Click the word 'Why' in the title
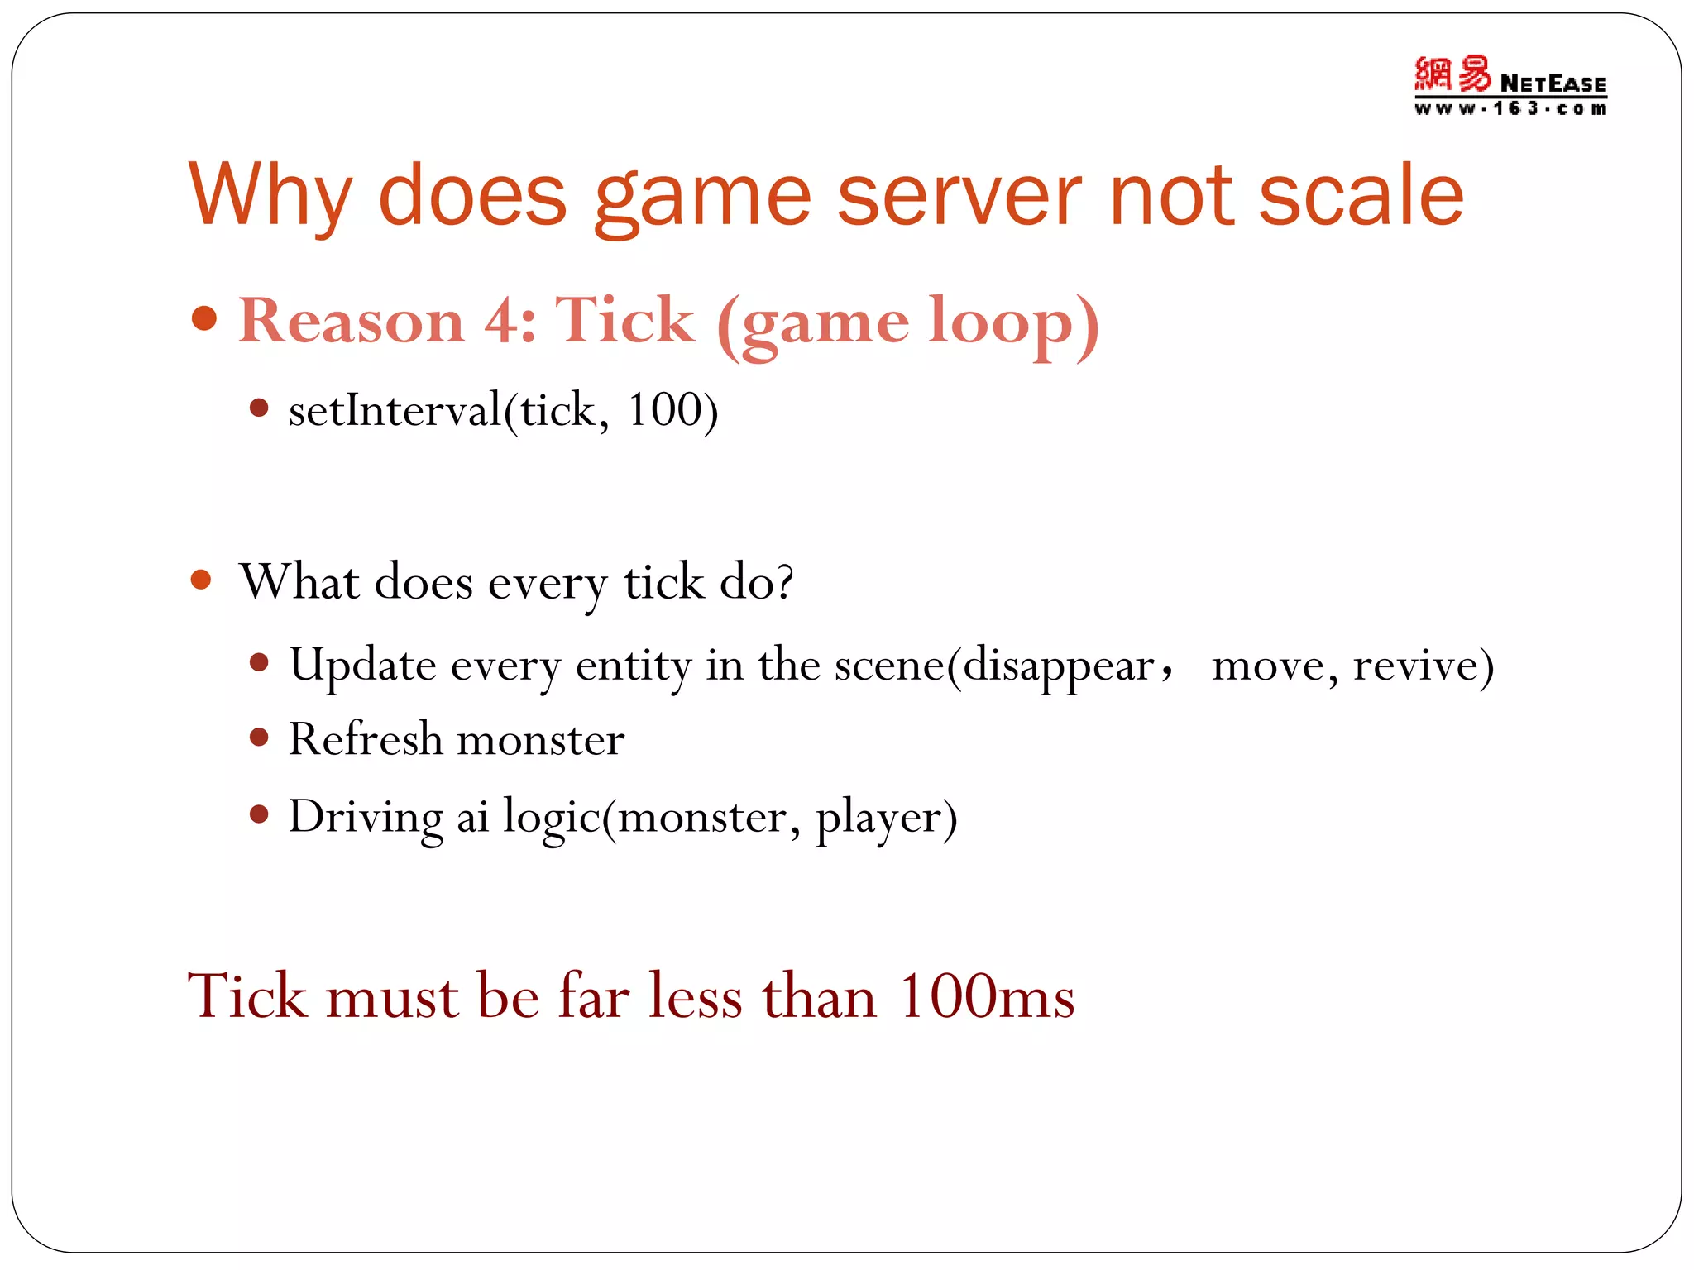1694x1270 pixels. point(270,197)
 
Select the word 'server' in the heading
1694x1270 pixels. point(959,195)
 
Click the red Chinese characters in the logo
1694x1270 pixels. point(1452,74)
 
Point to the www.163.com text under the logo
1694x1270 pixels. point(1510,108)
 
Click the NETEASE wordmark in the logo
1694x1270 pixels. point(1553,84)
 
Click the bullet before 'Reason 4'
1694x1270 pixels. point(203,318)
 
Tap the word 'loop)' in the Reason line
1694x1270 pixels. point(1013,324)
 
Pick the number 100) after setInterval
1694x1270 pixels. point(672,410)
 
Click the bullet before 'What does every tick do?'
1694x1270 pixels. point(201,579)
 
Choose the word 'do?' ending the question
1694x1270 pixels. point(756,581)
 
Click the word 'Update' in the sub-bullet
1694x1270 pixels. point(362,666)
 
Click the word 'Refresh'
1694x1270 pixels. point(365,739)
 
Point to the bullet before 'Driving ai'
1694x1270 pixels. point(259,815)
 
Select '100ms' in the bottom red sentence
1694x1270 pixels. point(986,996)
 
